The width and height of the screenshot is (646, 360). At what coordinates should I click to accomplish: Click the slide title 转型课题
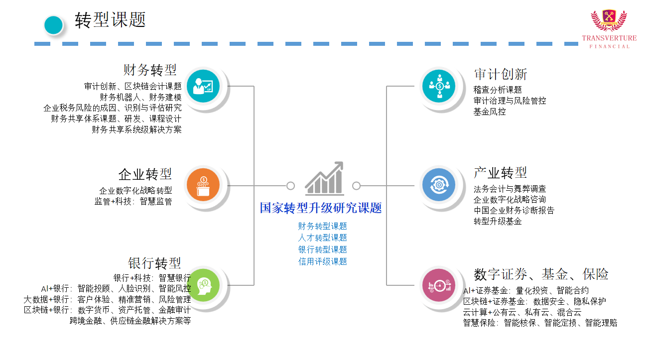[x=110, y=20]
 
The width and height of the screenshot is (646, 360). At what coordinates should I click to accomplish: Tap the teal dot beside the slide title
[x=53, y=25]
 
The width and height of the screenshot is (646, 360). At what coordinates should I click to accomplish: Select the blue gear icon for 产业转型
[x=439, y=185]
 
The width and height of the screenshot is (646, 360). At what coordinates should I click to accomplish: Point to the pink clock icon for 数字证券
[x=439, y=285]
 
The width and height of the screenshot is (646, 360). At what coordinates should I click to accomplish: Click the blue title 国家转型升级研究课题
[x=321, y=208]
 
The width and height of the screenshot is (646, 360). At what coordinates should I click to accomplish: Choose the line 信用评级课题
[x=323, y=261]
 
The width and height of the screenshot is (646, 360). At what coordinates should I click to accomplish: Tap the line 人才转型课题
[x=323, y=238]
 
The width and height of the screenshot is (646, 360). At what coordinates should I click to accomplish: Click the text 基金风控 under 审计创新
[x=490, y=112]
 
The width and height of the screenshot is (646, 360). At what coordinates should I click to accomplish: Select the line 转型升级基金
[x=498, y=221]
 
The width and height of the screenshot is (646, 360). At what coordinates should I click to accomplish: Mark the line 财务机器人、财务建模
[x=140, y=97]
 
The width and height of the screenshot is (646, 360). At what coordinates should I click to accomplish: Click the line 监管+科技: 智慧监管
[x=133, y=202]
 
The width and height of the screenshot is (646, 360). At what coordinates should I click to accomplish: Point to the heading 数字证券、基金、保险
[x=541, y=274]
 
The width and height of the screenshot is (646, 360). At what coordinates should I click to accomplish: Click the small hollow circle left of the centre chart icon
[x=290, y=186]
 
